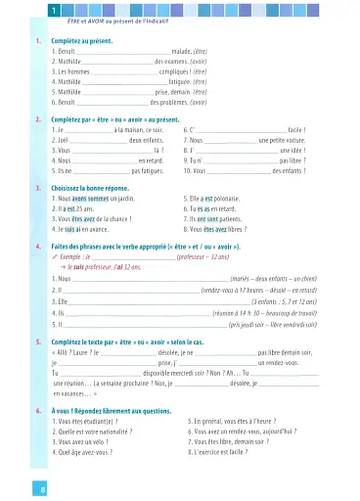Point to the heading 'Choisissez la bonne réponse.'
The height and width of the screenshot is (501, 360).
(x=94, y=159)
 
